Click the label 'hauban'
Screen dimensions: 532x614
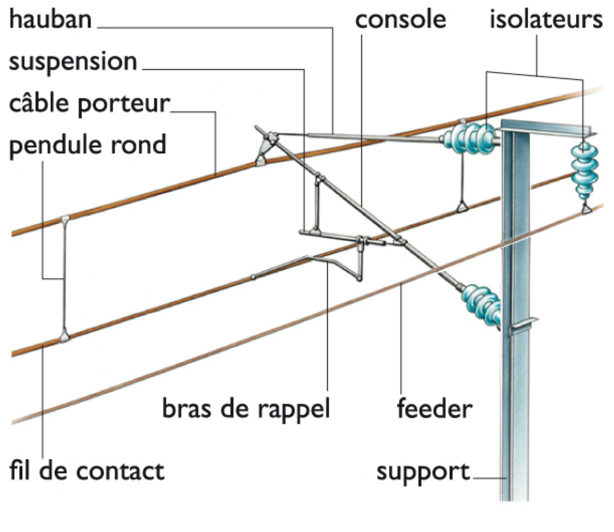click(51, 19)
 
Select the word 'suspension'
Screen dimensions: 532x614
click(73, 62)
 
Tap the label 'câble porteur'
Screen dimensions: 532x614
click(90, 104)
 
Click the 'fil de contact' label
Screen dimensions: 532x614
click(87, 471)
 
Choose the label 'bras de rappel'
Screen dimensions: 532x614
click(246, 408)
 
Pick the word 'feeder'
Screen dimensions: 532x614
click(434, 409)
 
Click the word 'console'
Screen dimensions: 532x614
click(400, 20)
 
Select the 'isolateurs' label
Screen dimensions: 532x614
click(546, 20)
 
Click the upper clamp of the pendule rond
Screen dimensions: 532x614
click(65, 219)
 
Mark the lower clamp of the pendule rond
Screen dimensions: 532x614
click(64, 336)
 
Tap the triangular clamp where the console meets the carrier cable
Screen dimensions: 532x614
click(262, 160)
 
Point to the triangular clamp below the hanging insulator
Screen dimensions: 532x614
click(586, 209)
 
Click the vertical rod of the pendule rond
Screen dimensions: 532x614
click(64, 277)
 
